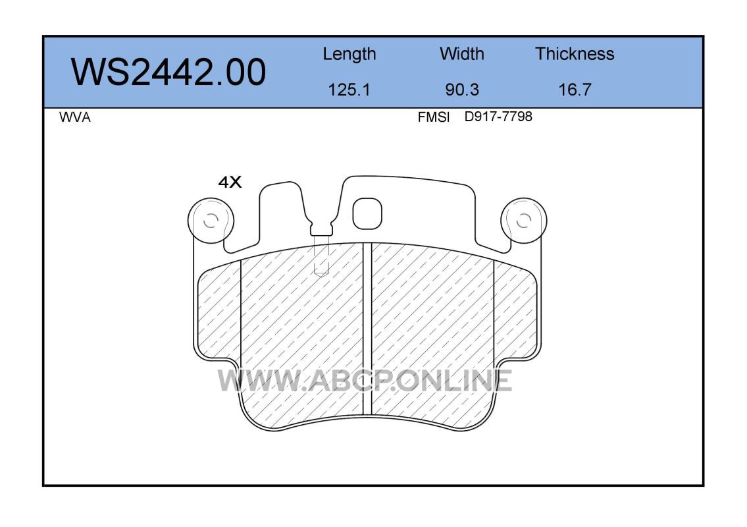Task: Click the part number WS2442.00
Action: [x=168, y=72]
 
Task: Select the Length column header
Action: [x=349, y=55]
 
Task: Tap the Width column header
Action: [x=461, y=53]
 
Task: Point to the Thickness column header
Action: [x=575, y=53]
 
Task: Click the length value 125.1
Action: [x=349, y=90]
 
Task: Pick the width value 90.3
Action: [x=462, y=90]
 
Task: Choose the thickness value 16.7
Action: [x=575, y=90]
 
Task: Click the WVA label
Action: [x=75, y=117]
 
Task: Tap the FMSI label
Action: [x=433, y=117]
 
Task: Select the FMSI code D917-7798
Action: [x=498, y=117]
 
